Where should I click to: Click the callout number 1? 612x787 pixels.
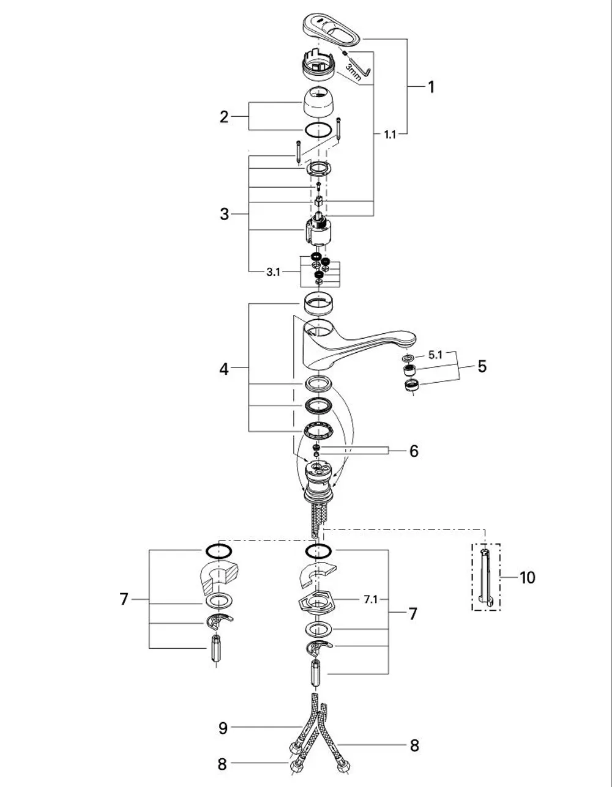pyautogui.click(x=431, y=87)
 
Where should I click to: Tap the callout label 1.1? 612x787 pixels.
pyautogui.click(x=390, y=135)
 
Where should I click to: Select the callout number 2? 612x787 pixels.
pyautogui.click(x=224, y=117)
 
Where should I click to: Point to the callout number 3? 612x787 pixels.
pyautogui.click(x=224, y=214)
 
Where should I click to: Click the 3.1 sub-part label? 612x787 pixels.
pyautogui.click(x=273, y=272)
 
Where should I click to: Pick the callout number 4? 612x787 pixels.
pyautogui.click(x=224, y=369)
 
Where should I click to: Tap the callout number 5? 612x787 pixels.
pyautogui.click(x=482, y=366)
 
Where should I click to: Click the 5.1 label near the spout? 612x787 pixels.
pyautogui.click(x=435, y=355)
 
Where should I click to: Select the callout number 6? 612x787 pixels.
pyautogui.click(x=414, y=451)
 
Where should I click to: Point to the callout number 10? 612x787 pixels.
pyautogui.click(x=527, y=577)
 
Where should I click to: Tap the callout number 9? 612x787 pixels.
pyautogui.click(x=223, y=725)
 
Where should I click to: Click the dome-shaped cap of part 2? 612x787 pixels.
pyautogui.click(x=318, y=102)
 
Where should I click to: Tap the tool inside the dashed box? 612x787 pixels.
pyautogui.click(x=485, y=577)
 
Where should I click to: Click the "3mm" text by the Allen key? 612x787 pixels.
pyautogui.click(x=353, y=72)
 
